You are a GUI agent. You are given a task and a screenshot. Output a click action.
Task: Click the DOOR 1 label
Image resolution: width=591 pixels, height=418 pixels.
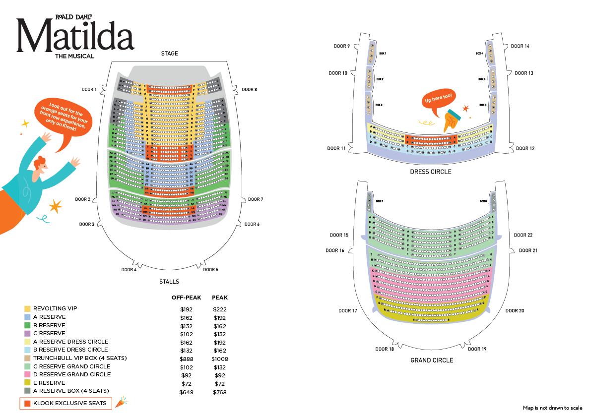click(89, 89)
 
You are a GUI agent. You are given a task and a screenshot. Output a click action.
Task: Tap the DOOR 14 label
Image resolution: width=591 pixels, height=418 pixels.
click(520, 46)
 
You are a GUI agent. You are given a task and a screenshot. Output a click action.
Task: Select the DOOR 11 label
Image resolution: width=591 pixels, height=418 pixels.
click(337, 148)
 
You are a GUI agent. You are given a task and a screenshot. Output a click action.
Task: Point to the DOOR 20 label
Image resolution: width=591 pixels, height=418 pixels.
click(515, 311)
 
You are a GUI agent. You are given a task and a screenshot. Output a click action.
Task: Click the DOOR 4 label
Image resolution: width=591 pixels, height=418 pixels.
click(129, 270)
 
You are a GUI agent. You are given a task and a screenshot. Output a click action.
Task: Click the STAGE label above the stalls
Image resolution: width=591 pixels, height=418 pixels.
click(169, 54)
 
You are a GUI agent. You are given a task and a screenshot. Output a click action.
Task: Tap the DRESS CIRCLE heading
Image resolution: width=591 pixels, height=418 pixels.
click(431, 172)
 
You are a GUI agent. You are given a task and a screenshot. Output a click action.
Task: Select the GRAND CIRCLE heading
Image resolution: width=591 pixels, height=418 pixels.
click(432, 360)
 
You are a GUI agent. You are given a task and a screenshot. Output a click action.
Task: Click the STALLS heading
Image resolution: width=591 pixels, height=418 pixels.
click(169, 282)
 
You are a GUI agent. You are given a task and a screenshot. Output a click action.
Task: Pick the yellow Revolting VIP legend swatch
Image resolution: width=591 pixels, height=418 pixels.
click(28, 309)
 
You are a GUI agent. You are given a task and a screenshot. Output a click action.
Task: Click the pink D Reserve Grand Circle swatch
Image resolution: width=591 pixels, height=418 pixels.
click(28, 374)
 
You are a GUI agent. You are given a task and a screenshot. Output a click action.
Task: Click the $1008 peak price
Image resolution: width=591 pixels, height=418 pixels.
click(220, 359)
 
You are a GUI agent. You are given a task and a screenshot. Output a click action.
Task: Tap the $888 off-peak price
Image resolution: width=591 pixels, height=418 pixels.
click(186, 359)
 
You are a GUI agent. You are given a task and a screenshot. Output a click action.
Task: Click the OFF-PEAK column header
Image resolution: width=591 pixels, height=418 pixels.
click(186, 298)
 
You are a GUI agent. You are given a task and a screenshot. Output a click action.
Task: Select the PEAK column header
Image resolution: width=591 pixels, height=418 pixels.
click(220, 298)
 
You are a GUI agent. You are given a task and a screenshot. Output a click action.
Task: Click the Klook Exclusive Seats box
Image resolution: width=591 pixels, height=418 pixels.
click(66, 403)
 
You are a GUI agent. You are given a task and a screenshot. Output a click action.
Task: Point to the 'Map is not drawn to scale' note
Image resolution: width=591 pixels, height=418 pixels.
click(552, 408)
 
